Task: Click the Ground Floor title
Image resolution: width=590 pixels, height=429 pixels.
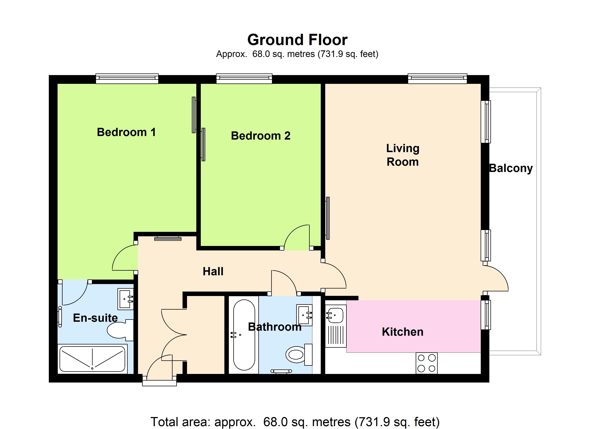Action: tap(297, 40)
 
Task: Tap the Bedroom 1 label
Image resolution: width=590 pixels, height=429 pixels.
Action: tap(126, 132)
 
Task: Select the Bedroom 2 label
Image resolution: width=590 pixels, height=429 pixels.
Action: tap(261, 136)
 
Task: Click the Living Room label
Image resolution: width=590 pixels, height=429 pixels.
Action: tap(403, 155)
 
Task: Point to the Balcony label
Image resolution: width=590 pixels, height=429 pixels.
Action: tap(511, 169)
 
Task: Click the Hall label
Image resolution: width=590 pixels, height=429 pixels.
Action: tap(213, 272)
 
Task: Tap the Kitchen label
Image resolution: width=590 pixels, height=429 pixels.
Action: tap(403, 332)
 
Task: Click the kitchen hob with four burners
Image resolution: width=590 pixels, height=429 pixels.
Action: tap(427, 363)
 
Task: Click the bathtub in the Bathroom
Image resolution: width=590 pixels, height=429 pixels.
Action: tap(244, 335)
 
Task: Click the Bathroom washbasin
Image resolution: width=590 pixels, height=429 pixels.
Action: tap(304, 315)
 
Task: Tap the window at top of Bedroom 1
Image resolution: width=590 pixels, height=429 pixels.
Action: tap(127, 79)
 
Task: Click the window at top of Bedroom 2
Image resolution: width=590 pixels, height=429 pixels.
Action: tap(244, 79)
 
